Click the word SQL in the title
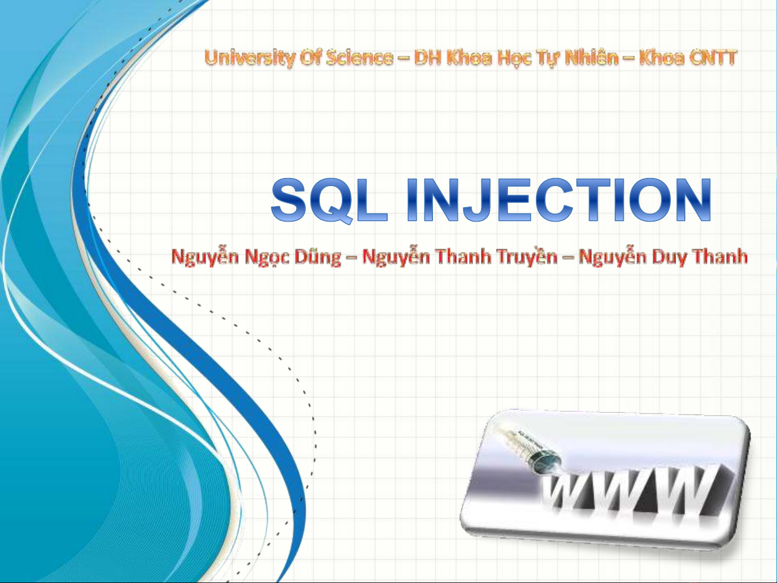coord(329,200)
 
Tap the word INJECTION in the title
coord(559,200)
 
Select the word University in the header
coord(249,58)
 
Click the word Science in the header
coord(359,57)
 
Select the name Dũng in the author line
coord(318,256)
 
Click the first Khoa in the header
coord(470,57)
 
